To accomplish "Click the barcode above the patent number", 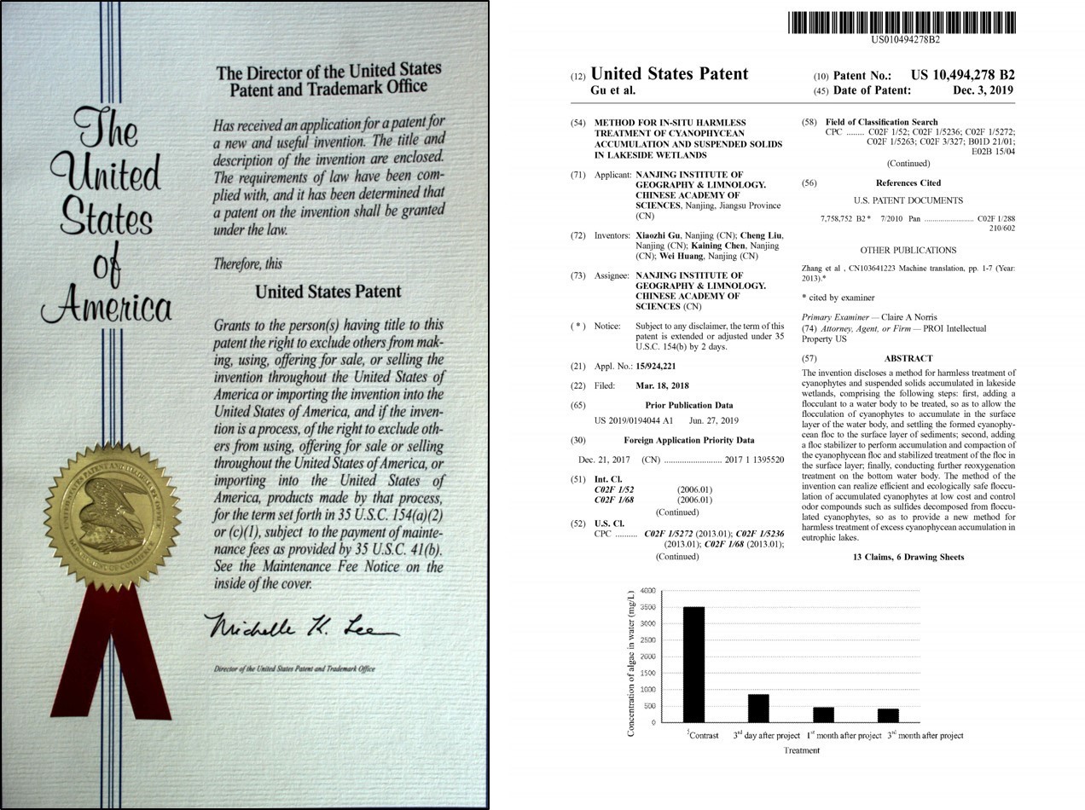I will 902,22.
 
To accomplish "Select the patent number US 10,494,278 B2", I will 962,75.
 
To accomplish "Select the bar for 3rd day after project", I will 758,708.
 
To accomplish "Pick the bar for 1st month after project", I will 823,715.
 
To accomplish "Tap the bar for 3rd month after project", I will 888,715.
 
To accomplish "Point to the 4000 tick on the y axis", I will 647,591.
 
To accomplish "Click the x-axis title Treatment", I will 801,750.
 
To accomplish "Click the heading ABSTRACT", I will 908,358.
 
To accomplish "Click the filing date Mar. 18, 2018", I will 662,385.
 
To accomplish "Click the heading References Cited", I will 908,182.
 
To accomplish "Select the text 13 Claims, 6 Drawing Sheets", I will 908,557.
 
